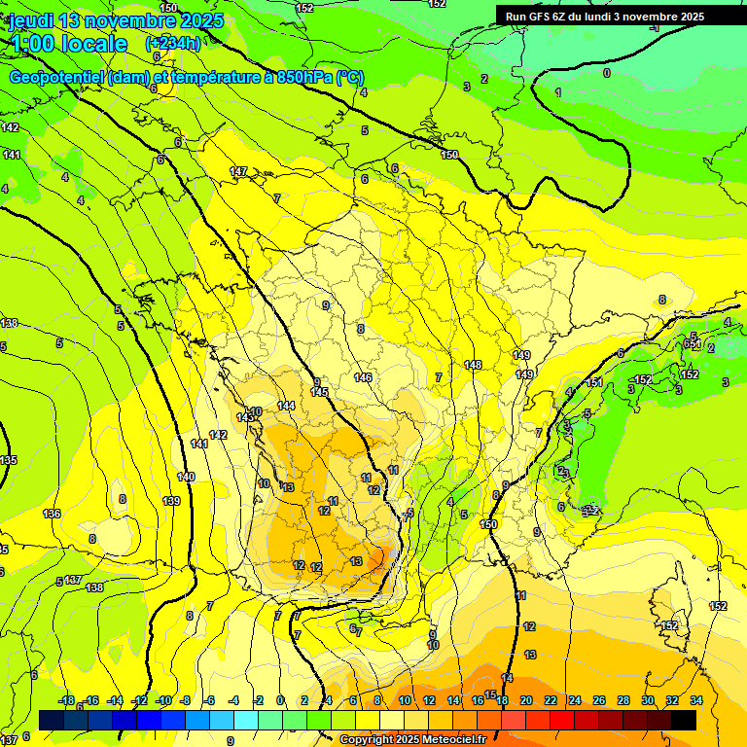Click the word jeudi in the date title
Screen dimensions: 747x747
[31, 20]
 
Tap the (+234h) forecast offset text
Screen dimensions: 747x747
[172, 43]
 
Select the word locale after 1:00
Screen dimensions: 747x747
[93, 44]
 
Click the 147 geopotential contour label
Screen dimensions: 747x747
[238, 171]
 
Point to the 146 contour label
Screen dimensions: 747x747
[363, 377]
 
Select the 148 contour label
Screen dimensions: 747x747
[473, 365]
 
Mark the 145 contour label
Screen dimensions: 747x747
[319, 392]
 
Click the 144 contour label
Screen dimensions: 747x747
[286, 406]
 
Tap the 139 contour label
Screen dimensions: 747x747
[172, 501]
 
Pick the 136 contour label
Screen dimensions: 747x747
[52, 514]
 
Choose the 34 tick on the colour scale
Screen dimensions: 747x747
[696, 700]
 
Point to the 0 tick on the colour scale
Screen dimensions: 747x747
[280, 700]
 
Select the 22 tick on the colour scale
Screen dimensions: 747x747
[551, 700]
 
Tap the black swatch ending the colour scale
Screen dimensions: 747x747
[684, 720]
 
